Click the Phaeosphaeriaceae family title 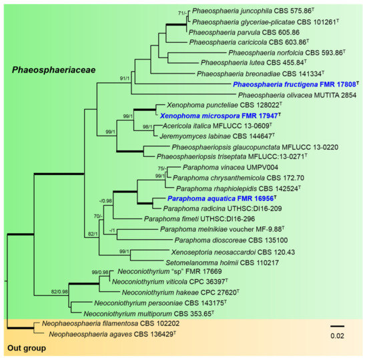pos(54,70)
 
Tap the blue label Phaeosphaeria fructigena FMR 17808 pos(296,84)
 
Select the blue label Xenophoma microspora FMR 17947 pos(220,116)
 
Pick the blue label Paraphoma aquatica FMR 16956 pos(222,198)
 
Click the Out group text pos(27,348)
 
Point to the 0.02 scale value pos(337,336)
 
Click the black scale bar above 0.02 pos(337,326)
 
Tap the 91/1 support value pos(125,78)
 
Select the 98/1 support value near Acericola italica pos(147,127)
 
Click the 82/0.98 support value pos(59,292)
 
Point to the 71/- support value pos(182,13)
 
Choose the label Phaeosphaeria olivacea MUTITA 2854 pos(297,95)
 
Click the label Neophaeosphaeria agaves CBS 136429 pos(112,334)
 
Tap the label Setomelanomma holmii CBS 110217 pos(222,262)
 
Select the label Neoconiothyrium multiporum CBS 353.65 pos(149,313)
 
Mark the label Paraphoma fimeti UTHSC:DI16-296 pos(200,219)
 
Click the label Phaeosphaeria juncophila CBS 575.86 pos(253,11)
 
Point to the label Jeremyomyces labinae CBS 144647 pos(217,136)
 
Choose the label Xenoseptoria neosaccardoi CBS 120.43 pos(233,252)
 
